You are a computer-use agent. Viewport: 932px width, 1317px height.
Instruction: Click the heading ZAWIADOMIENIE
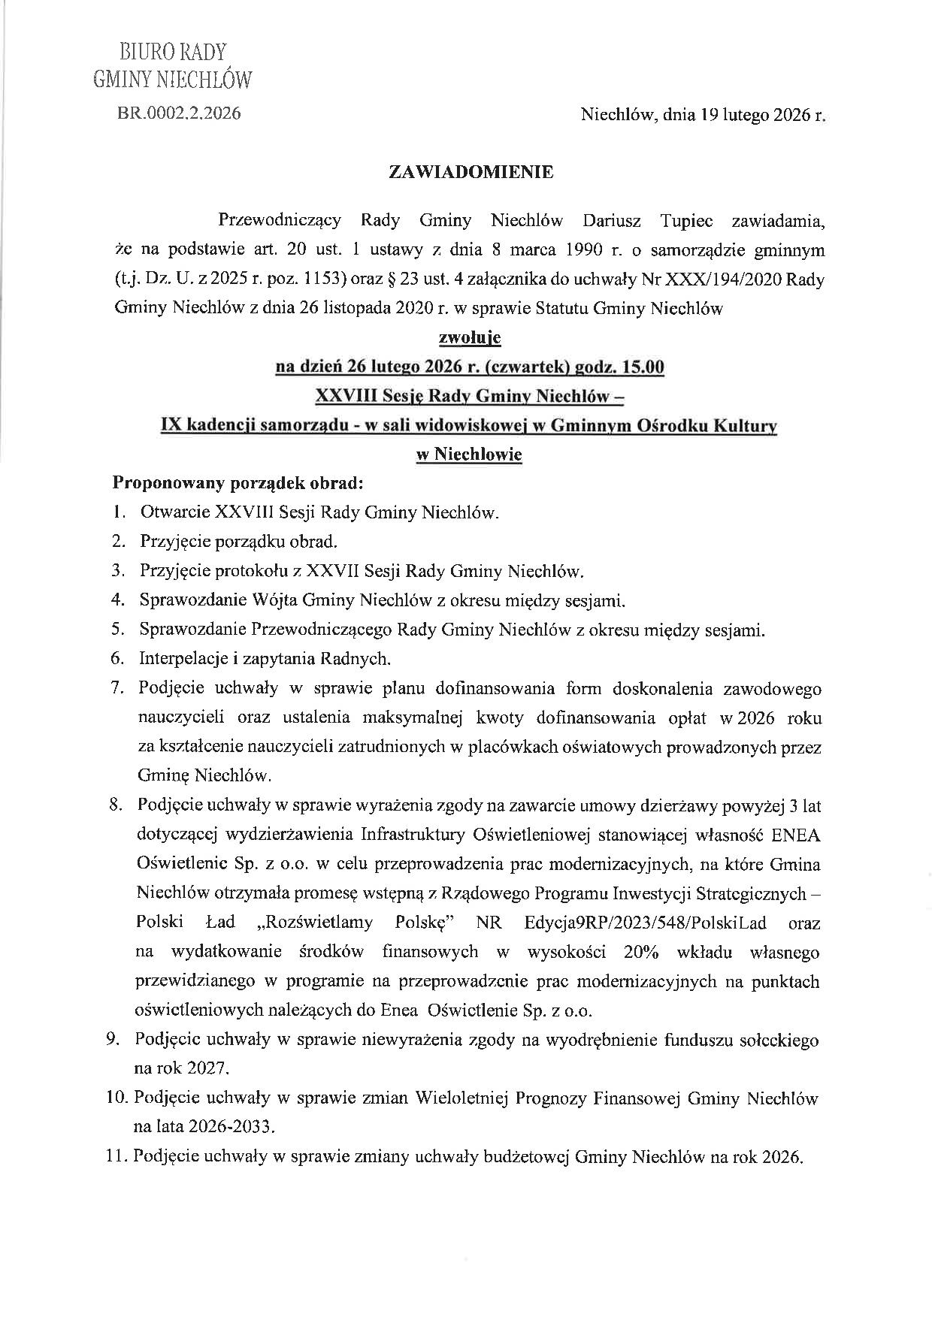tap(471, 172)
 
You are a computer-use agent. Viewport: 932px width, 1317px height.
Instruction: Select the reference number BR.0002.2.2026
tap(179, 113)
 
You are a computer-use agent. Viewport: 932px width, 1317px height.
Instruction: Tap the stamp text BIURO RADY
tap(173, 52)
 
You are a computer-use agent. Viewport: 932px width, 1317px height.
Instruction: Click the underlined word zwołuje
tap(469, 339)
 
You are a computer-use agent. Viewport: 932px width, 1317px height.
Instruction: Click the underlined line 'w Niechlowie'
tap(469, 455)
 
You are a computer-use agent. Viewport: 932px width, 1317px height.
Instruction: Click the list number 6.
tap(116, 659)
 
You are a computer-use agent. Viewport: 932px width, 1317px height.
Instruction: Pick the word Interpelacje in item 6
tap(183, 659)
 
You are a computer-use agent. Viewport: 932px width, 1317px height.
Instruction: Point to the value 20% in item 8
tap(641, 952)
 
